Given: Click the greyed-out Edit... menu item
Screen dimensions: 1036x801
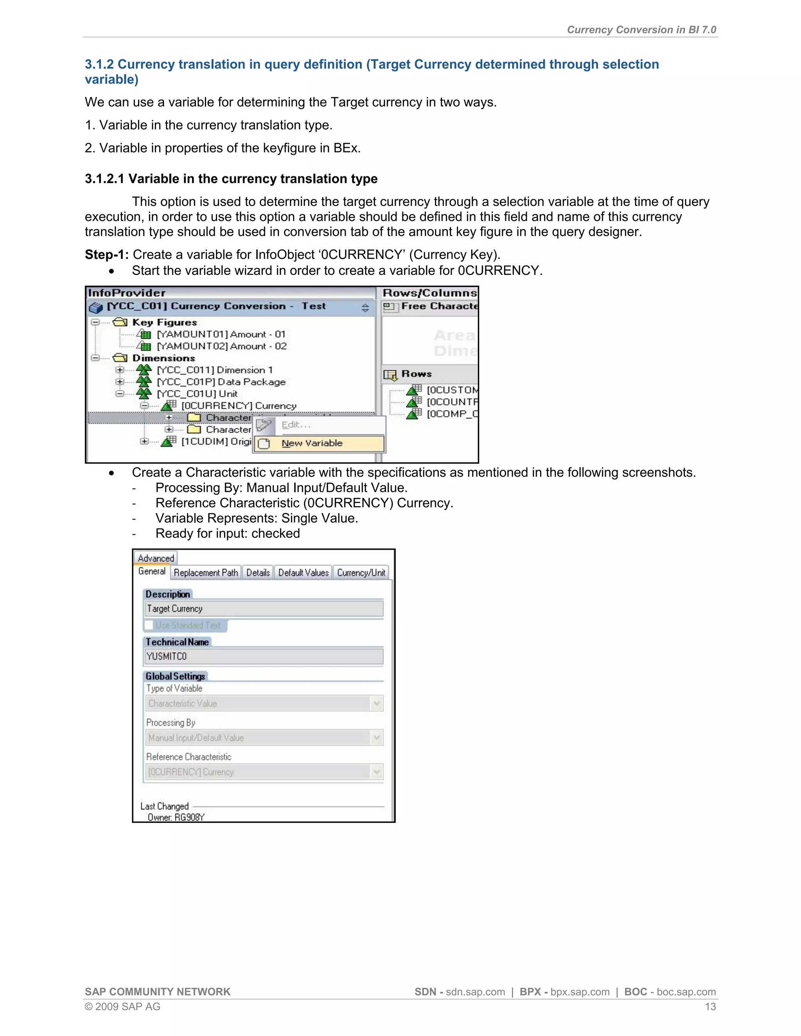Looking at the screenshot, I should coord(296,425).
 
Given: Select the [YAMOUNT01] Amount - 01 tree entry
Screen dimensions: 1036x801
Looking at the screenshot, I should coord(221,334).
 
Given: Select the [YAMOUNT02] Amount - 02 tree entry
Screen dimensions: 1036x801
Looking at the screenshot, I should coord(222,346).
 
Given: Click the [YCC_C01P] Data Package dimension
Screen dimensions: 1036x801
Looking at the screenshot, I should coord(221,382).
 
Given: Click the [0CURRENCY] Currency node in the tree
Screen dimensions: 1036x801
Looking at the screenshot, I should coord(238,405).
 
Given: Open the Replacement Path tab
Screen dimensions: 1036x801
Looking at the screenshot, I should coord(206,573).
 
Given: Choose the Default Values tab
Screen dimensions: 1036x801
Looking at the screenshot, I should coord(303,573).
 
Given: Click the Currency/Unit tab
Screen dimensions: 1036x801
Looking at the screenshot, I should coord(361,573).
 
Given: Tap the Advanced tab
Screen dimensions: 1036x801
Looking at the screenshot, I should coord(156,558).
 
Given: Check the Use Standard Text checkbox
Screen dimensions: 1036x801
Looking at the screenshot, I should coord(149,625).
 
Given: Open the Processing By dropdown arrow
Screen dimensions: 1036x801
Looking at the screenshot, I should coord(377,738).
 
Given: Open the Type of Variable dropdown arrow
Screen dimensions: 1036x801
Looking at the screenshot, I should coord(377,703).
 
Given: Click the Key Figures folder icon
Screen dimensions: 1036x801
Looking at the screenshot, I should coord(120,323).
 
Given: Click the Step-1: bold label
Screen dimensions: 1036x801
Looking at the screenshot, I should coord(107,255).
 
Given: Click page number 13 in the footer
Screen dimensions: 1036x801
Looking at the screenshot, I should coord(710,1007).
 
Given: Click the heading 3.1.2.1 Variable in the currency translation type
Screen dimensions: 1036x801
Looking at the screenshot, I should coord(231,179).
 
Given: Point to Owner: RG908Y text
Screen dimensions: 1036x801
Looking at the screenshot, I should coord(176,817).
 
